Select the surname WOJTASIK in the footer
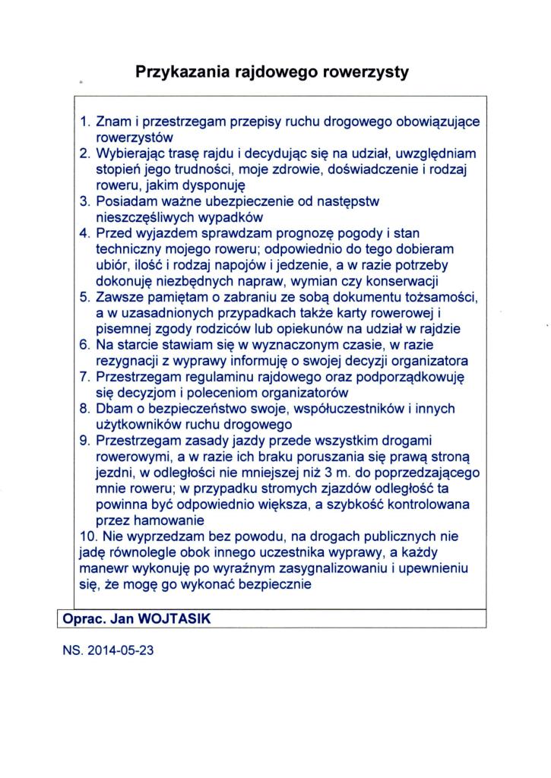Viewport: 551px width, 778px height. (x=175, y=619)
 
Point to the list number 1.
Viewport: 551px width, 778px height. (x=85, y=122)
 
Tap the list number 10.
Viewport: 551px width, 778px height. (x=87, y=537)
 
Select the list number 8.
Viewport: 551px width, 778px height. (x=85, y=409)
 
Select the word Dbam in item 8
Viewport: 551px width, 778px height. (x=115, y=409)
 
